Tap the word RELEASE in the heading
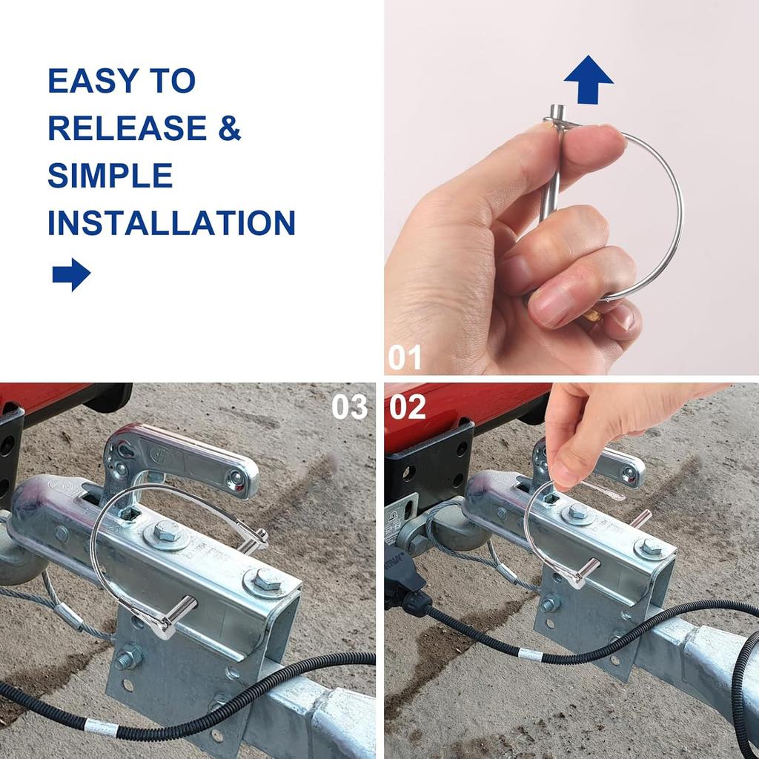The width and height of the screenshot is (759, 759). click(127, 128)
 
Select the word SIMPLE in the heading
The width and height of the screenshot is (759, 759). click(110, 176)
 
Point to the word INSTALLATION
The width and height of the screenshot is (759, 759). click(171, 223)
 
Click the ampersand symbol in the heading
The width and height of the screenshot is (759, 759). click(229, 128)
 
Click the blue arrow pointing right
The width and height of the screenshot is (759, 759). click(71, 274)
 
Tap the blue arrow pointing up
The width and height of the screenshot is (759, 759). click(589, 79)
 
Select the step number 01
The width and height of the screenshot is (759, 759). click(405, 358)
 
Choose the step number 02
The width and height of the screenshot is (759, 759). click(408, 406)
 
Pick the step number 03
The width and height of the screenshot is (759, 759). click(350, 406)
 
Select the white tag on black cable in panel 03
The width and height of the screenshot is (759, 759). click(101, 727)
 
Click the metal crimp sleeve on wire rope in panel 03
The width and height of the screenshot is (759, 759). click(68, 614)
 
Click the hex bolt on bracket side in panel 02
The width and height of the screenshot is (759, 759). click(549, 603)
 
